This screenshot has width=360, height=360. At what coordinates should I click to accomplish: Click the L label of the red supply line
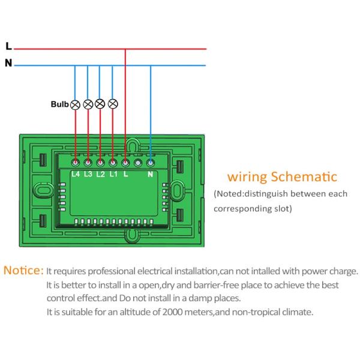[8, 46]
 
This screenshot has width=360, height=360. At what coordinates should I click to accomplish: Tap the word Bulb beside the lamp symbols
[59, 104]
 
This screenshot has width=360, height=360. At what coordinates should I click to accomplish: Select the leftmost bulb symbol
[76, 104]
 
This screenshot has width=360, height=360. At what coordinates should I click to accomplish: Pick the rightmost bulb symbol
[112, 104]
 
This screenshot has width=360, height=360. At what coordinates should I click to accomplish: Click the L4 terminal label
[76, 175]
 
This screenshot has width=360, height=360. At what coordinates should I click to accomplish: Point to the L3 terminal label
[88, 175]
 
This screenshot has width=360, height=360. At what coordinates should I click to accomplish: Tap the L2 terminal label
[100, 175]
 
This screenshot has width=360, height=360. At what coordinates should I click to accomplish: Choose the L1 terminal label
[113, 175]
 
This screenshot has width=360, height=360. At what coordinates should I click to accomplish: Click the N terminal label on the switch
[150, 175]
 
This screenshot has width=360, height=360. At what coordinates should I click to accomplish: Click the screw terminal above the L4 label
[76, 162]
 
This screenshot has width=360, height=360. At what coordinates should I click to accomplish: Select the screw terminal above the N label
[150, 162]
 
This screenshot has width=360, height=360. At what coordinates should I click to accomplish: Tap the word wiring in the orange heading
[247, 178]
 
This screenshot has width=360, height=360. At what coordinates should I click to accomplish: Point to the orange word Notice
[23, 270]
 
